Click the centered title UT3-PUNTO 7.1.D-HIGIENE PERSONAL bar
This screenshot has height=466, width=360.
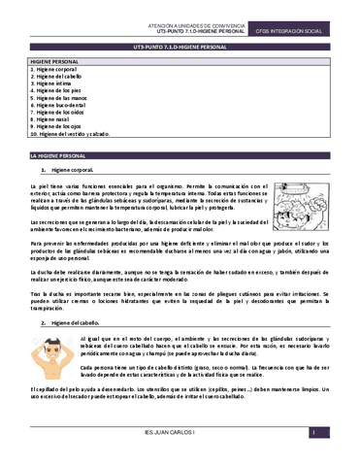click(180, 47)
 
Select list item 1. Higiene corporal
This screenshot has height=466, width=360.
click(56, 70)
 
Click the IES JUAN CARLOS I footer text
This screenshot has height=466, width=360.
click(180, 459)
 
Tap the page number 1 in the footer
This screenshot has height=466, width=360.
click(312, 459)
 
